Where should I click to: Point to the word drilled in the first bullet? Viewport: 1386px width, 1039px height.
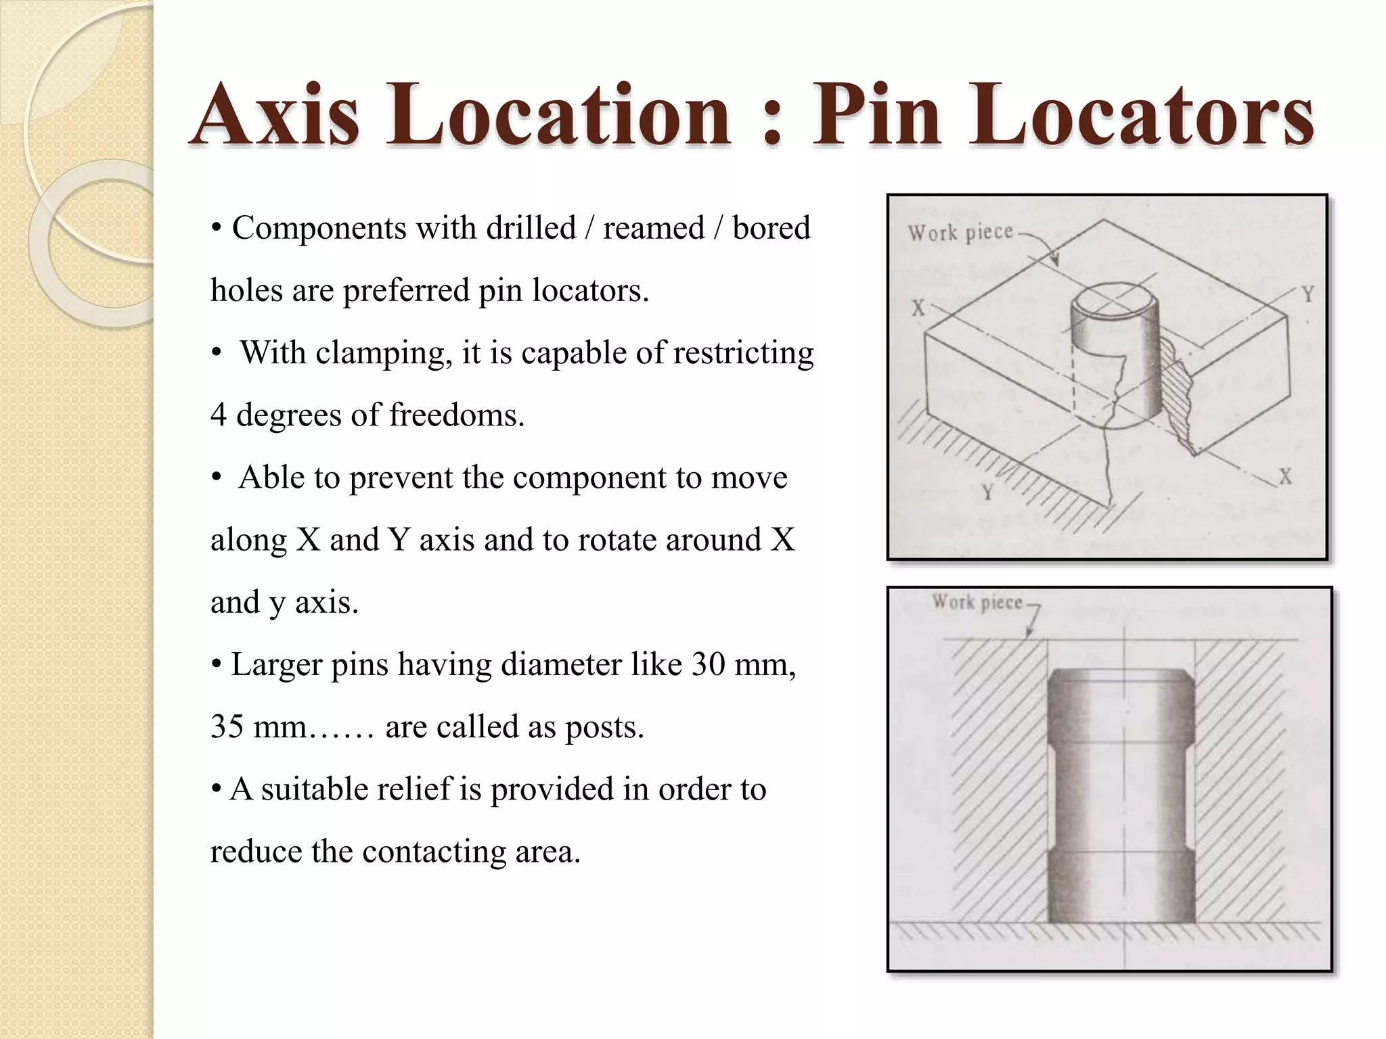(x=531, y=228)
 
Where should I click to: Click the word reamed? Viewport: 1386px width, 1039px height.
(x=654, y=228)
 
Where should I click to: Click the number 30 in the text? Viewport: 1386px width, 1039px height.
(x=711, y=664)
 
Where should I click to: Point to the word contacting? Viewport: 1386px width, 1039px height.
(x=434, y=852)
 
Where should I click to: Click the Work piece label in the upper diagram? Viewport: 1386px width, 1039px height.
(x=960, y=233)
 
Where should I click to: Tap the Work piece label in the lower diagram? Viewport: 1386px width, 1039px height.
(x=977, y=602)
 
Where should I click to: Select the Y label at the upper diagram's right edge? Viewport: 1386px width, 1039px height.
(x=1308, y=295)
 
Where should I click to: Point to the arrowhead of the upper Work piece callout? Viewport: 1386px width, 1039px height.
(x=1056, y=262)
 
